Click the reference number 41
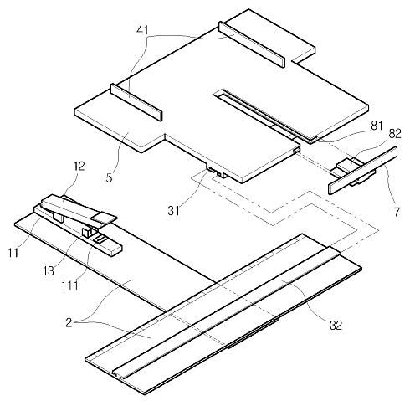pos(142,30)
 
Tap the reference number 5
pos(109,177)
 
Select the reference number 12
pos(79,167)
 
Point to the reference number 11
pos(13,253)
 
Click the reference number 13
pos(49,270)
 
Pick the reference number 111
pos(69,285)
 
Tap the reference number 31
pos(173,211)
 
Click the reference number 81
pos(377,126)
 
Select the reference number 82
pos(395,134)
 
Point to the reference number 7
pos(397,212)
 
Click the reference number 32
pos(336,325)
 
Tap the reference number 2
pos(69,322)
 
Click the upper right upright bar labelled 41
pos(252,44)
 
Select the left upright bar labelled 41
pos(136,102)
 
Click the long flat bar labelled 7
pos(363,170)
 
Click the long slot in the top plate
pos(265,115)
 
